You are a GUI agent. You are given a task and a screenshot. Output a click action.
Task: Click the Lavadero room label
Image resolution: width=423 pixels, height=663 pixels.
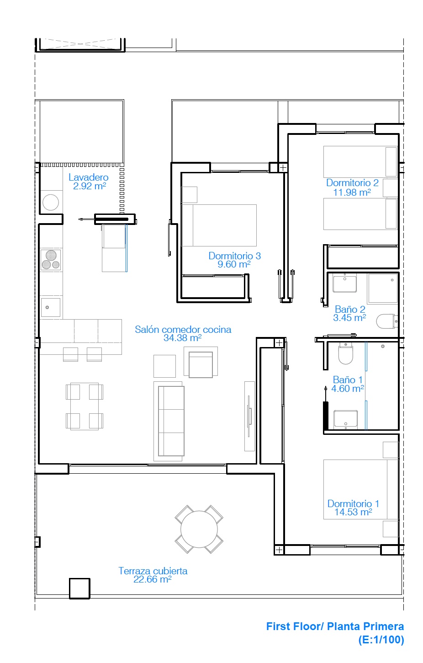point(88,177)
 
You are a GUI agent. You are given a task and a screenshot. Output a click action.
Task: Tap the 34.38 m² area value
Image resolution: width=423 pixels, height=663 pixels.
point(182,338)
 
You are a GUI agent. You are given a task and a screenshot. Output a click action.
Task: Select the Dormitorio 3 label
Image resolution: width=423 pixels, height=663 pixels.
point(234,256)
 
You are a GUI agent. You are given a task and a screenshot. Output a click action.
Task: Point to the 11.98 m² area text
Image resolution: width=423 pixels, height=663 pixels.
point(352,192)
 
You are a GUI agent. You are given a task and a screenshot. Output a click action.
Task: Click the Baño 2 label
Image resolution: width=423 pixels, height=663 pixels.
point(350,309)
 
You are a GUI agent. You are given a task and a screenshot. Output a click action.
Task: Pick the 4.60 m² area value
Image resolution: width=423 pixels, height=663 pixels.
point(348,389)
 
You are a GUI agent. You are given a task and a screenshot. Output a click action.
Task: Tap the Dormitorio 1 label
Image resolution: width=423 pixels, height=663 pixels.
point(353,503)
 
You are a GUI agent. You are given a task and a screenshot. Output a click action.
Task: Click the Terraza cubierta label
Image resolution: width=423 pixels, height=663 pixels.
point(153,571)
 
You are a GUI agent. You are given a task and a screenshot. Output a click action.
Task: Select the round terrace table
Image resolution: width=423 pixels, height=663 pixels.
point(199,529)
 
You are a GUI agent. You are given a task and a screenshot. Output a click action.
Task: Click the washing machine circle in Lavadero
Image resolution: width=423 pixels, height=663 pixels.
point(51,203)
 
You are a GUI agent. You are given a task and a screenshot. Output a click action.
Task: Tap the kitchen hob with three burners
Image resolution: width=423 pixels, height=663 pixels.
point(51,260)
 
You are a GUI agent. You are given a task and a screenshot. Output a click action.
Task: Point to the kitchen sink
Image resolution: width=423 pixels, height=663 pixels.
point(50,308)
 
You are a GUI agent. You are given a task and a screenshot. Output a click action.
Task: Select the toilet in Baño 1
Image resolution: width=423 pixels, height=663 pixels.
point(345,353)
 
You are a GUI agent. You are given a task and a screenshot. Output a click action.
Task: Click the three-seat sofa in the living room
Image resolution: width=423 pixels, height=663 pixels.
point(171,421)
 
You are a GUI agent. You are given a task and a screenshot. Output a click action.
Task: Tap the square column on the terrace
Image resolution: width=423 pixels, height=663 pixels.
point(79,589)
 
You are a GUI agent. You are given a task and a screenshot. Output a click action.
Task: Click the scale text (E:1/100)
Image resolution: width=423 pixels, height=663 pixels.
point(381,640)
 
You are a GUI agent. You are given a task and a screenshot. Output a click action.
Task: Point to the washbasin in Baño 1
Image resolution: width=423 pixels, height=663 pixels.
point(345,419)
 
